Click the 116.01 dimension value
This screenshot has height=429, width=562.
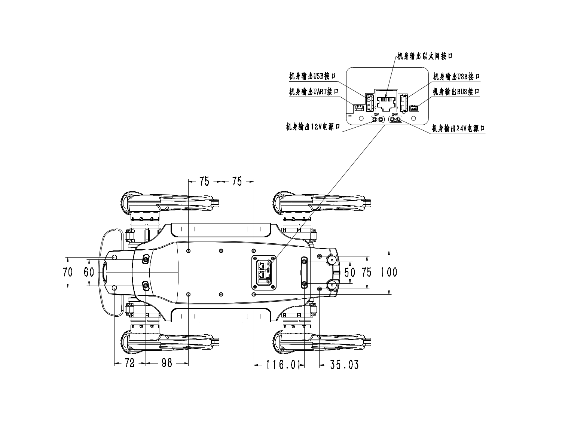283,364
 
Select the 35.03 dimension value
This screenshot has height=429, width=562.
344,364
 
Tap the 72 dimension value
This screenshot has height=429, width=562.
129,363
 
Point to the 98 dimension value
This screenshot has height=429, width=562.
167,363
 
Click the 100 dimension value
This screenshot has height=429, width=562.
389,272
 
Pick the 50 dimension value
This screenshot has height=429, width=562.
349,272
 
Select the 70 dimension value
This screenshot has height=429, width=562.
68,272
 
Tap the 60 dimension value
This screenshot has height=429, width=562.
89,272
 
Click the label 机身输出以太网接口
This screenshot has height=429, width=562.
425,56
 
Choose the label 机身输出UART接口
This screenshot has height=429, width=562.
314,92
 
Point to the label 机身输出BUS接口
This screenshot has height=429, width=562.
456,92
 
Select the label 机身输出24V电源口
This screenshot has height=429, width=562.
458,129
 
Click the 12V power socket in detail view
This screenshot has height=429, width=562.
377,119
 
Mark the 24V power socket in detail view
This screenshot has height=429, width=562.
395,119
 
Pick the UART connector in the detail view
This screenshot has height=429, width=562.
358,107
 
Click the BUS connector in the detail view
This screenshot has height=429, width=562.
414,108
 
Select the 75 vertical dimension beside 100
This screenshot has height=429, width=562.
367,272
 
